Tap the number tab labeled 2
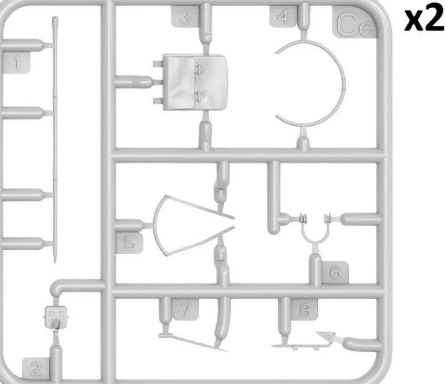tap(36, 368)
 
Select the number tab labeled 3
tap(185, 17)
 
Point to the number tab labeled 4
tap(283, 17)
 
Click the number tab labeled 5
tap(130, 243)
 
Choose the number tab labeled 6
tap(335, 272)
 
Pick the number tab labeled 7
tap(186, 309)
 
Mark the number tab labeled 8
tap(304, 309)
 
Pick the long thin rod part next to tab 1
tap(55, 139)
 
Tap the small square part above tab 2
tap(56, 316)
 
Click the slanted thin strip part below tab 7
tap(193, 343)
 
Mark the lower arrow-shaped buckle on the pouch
tap(199, 97)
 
